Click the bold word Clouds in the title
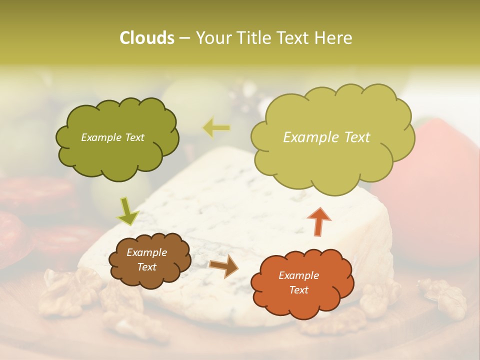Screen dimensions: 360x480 tap(146, 38)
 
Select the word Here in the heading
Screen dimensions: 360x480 tap(334, 38)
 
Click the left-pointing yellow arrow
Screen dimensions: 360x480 tap(216, 128)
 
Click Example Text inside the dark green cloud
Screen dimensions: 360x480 tap(112, 137)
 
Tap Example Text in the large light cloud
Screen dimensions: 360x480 tap(326, 137)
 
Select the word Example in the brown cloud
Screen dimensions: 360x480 tap(146, 252)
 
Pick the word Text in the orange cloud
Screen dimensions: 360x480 tap(298, 290)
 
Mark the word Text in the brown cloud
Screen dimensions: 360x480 tap(146, 267)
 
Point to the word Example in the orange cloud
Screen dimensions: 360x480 tap(298, 275)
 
